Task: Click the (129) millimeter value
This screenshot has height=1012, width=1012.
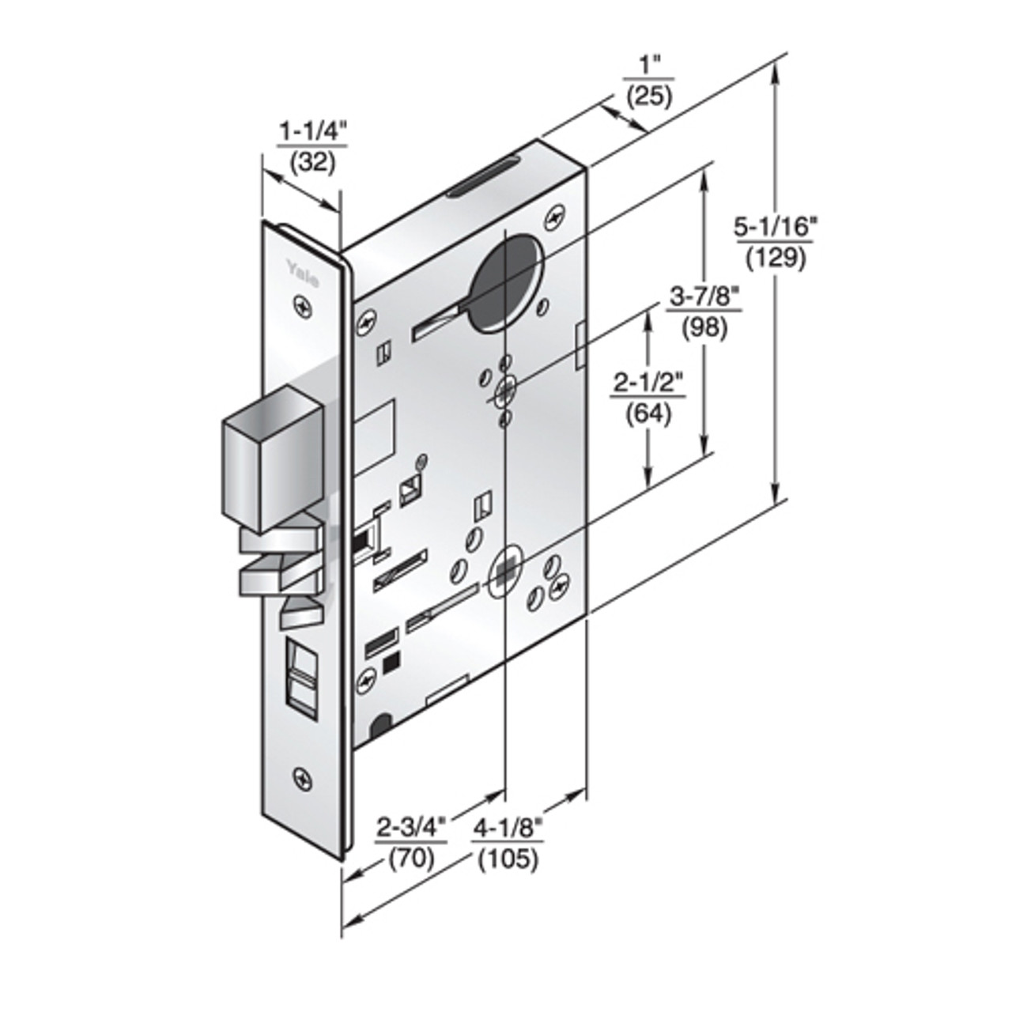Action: click(x=774, y=258)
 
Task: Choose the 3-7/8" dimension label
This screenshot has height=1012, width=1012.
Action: click(x=704, y=298)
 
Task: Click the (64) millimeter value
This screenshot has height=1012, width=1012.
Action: click(x=648, y=413)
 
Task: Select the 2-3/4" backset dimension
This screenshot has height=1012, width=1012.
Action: click(x=411, y=828)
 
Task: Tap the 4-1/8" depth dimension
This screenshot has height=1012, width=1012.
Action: click(x=508, y=828)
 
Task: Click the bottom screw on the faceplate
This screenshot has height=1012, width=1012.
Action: click(x=302, y=776)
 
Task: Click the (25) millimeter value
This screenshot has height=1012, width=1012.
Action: click(x=648, y=96)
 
